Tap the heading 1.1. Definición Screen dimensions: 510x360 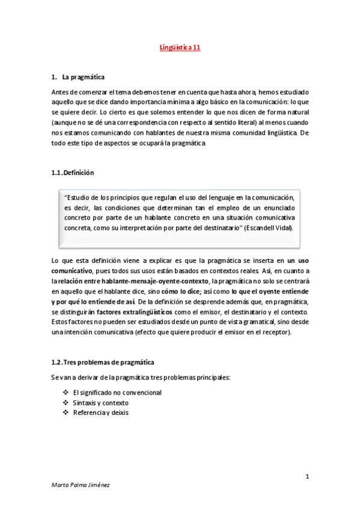coord(73,172)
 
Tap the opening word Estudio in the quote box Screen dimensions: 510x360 coord(78,197)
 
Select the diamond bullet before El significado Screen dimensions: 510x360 coord(65,393)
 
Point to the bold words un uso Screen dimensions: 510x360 coord(298,259)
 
